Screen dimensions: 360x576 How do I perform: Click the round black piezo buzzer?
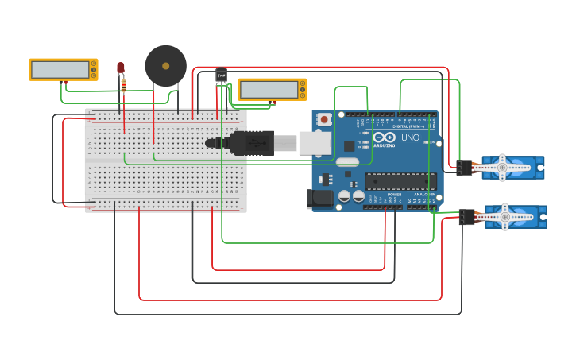click(x=165, y=66)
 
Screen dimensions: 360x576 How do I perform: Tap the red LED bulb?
click(x=121, y=68)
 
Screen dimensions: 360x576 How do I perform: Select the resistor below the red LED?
click(x=123, y=84)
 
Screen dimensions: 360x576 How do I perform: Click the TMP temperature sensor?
click(x=221, y=75)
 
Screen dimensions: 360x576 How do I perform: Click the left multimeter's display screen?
click(x=60, y=70)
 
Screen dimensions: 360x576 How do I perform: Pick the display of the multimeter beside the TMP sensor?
click(x=268, y=90)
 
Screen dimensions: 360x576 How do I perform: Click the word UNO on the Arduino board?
click(x=410, y=137)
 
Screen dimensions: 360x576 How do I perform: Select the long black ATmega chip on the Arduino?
click(x=400, y=181)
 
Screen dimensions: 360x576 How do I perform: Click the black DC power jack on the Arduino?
click(x=319, y=198)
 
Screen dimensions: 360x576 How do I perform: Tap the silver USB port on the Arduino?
click(x=316, y=142)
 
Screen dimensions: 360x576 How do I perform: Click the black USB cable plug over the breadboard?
click(x=251, y=143)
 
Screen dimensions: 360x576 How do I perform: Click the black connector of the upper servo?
click(x=464, y=168)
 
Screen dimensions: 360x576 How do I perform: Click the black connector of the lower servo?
click(x=466, y=217)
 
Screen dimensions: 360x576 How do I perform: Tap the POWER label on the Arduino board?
click(x=394, y=194)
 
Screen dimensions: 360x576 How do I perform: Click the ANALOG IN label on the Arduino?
click(x=423, y=194)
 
